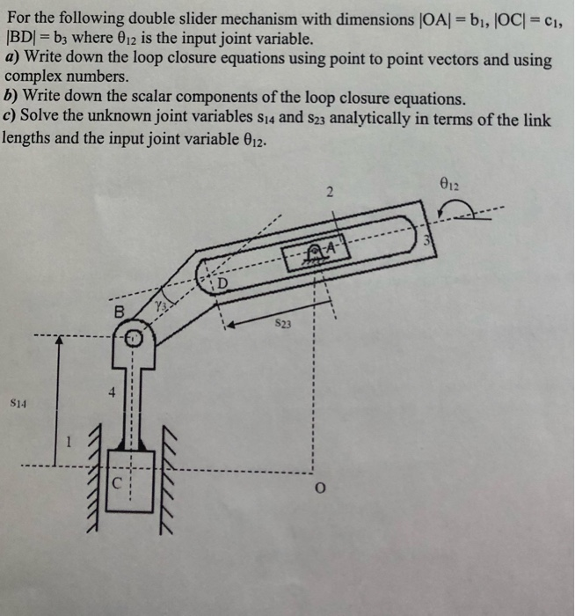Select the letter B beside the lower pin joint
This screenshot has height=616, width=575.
(119, 312)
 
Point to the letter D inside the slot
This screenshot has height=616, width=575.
(222, 283)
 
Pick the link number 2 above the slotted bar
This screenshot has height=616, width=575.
(326, 192)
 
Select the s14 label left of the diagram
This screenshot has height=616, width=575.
(18, 403)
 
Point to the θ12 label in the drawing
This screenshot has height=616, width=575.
(446, 186)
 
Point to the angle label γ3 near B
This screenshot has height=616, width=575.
(160, 304)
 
